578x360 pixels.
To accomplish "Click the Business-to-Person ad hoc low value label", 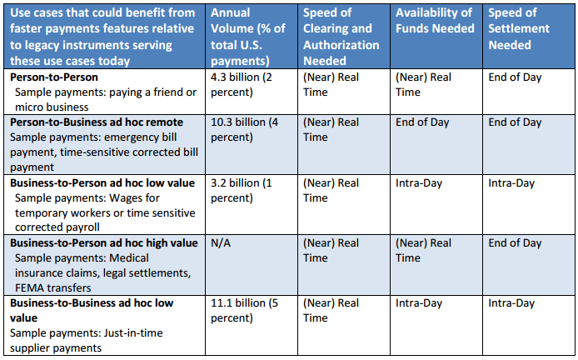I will [102, 182].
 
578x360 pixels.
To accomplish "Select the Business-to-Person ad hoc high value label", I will [104, 243].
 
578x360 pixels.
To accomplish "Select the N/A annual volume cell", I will [222, 243].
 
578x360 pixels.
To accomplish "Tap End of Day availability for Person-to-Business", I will [422, 122].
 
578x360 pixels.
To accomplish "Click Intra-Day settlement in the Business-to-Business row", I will [511, 303].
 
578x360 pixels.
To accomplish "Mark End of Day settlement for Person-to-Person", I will [516, 77].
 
